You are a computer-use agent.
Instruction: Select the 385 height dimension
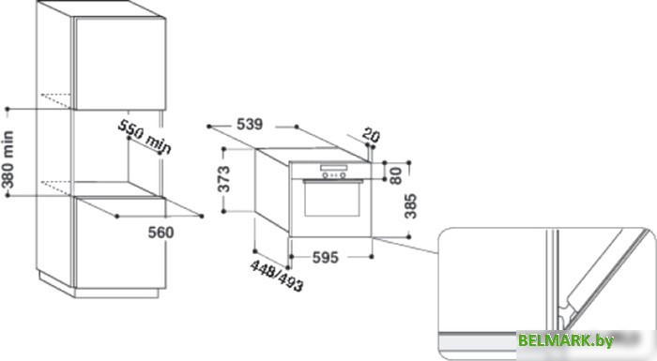[411, 206]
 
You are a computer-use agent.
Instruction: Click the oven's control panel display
[333, 171]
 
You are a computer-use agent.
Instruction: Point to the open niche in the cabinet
[117, 159]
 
